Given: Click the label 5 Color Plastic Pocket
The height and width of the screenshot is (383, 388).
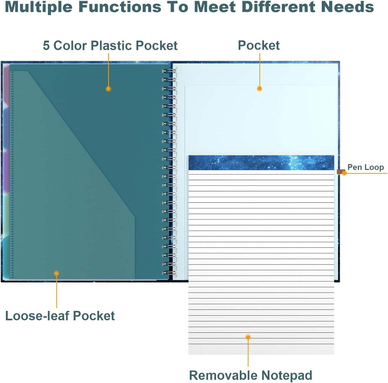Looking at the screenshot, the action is tap(110, 45).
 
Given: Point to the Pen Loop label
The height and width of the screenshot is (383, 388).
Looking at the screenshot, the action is tap(366, 167).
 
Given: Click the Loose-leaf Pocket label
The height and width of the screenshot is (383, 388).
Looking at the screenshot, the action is tap(60, 316).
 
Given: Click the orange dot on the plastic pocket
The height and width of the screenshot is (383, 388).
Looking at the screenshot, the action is tap(108, 89).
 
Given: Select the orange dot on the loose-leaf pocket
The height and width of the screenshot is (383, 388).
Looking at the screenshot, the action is tap(57, 273).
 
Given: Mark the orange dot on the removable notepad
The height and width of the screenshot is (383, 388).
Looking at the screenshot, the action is tap(248, 337).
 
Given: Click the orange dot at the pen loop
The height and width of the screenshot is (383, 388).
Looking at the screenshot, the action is tap(344, 173).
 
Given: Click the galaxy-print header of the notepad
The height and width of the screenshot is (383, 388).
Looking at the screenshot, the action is tap(261, 162).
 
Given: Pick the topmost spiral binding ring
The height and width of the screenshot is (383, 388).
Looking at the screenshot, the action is tap(169, 71).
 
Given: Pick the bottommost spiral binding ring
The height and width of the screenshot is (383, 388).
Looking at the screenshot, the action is tap(169, 273).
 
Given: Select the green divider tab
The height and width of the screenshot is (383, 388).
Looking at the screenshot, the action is tap(6, 214).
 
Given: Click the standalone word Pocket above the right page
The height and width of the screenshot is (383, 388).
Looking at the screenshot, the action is tap(259, 45).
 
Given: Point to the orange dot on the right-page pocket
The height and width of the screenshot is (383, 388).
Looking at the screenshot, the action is tap(259, 88).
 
